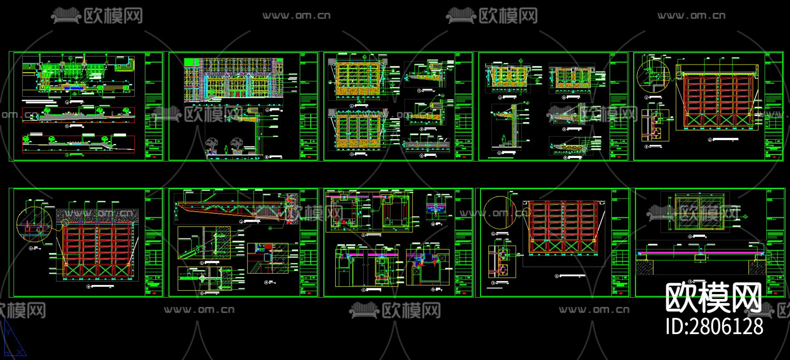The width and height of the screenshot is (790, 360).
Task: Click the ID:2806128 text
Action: (x=715, y=327)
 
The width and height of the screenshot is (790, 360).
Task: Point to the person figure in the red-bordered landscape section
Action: (x=113, y=114)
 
